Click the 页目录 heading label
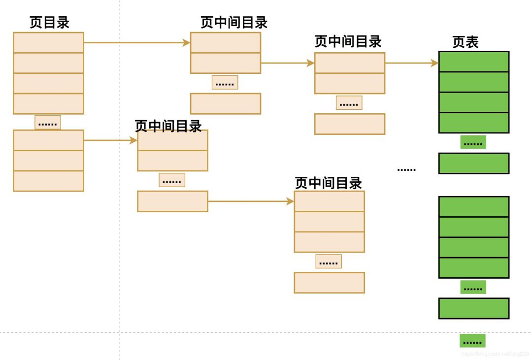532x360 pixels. tap(49, 23)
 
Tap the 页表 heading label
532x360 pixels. tap(465, 42)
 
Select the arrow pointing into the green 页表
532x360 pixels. tap(411, 63)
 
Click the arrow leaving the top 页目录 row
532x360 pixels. tap(137, 43)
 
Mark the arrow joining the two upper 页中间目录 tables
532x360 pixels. tap(287, 63)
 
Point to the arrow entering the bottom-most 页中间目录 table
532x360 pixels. tap(251, 201)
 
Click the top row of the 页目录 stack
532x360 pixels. tap(48, 43)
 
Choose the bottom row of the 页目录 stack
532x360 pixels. tap(48, 181)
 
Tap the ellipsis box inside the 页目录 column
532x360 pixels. tap(48, 123)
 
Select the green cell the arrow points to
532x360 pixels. tap(473, 62)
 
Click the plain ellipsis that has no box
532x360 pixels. tap(406, 169)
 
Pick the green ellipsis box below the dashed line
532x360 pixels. tap(472, 341)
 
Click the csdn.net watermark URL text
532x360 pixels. tap(495, 354)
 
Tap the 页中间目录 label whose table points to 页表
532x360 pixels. tap(348, 42)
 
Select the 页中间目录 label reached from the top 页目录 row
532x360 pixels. tap(234, 23)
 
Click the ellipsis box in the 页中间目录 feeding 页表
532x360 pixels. tap(349, 103)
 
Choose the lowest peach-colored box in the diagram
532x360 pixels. tap(329, 283)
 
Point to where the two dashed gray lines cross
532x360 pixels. tap(120, 332)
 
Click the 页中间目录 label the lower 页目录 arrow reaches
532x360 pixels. tap(168, 126)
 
